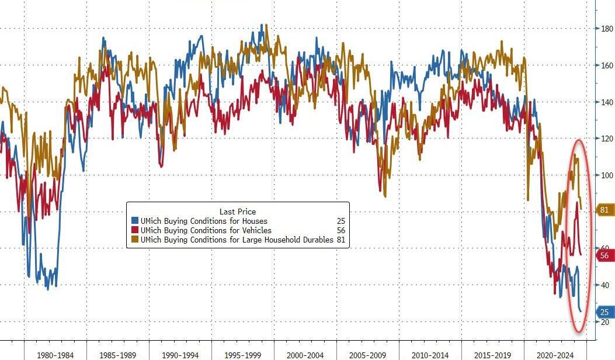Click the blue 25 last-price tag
(x=604, y=312)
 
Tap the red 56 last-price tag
(x=604, y=255)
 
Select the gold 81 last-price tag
(x=604, y=210)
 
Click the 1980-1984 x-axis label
(x=55, y=354)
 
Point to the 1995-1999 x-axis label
(x=242, y=354)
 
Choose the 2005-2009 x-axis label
(x=367, y=354)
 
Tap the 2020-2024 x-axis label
(x=555, y=354)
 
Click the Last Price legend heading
(x=238, y=212)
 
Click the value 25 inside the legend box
(x=340, y=221)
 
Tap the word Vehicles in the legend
(x=255, y=230)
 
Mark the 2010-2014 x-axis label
(x=430, y=354)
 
